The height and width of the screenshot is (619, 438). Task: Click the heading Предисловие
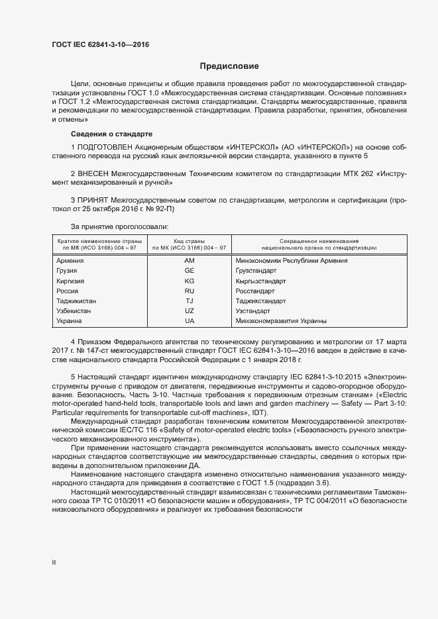(230, 66)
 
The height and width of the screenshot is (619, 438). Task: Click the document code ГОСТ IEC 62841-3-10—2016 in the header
(100, 45)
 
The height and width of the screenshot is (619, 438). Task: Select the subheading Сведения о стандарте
(111, 133)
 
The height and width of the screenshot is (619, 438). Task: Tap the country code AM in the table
(190, 260)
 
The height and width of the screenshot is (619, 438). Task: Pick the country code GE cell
(190, 271)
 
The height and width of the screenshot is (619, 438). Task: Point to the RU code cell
(190, 291)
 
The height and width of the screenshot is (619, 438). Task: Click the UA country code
(190, 320)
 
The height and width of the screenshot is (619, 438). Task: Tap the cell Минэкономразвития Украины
(281, 320)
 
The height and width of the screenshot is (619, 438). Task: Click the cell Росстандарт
(255, 291)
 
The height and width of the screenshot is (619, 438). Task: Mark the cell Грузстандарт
(256, 271)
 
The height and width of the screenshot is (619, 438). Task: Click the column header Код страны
(190, 240)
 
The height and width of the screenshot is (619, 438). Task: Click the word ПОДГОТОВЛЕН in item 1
(105, 146)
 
